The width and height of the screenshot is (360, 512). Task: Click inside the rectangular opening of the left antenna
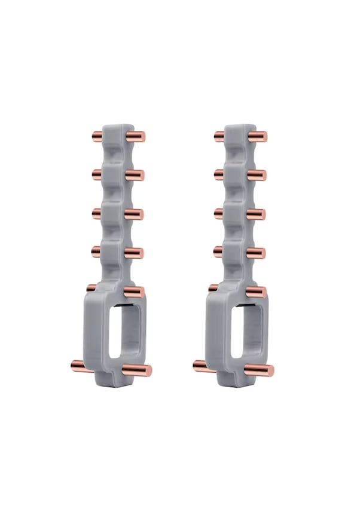[x=124, y=331]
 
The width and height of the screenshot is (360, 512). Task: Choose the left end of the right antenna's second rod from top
[x=216, y=174]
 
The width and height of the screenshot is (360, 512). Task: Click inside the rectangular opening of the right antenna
[x=246, y=331]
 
